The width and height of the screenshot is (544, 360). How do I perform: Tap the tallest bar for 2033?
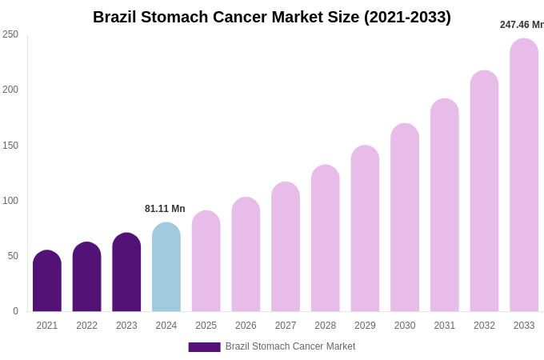click(x=524, y=175)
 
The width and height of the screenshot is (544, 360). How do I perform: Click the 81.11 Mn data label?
click(x=165, y=209)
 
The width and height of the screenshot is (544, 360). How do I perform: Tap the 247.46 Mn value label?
click(x=522, y=25)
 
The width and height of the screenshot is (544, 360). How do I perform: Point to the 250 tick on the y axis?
click(x=10, y=34)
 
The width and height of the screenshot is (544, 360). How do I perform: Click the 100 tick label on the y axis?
click(x=10, y=201)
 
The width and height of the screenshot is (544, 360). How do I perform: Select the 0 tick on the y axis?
click(x=15, y=311)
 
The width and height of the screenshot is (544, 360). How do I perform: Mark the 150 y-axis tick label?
click(x=10, y=146)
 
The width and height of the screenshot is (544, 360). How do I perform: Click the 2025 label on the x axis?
click(x=206, y=326)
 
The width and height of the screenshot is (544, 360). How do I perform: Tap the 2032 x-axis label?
click(x=484, y=326)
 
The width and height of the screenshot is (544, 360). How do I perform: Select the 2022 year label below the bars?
click(x=86, y=326)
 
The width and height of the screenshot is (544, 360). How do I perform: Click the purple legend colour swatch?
click(x=204, y=347)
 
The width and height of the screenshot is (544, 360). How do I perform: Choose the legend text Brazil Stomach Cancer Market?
click(x=290, y=346)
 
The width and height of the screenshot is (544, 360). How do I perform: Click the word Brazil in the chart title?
click(x=117, y=17)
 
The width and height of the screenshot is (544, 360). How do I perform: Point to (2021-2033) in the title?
click(x=407, y=17)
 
